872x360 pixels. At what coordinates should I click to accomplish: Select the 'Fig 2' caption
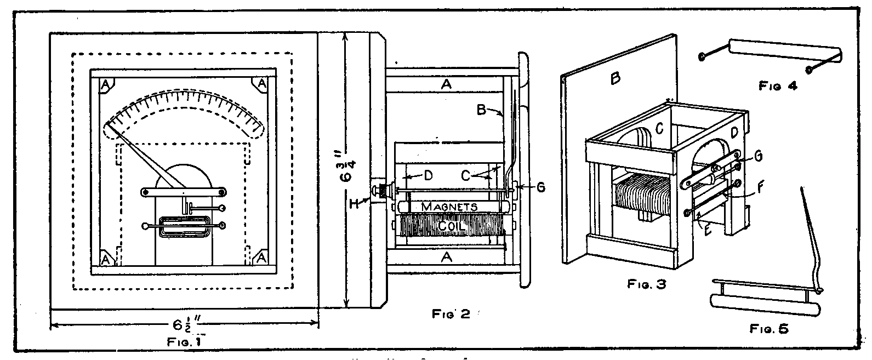point(452,314)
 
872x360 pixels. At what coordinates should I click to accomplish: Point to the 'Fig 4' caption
point(777,85)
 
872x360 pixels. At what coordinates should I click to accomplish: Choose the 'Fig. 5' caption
point(768,328)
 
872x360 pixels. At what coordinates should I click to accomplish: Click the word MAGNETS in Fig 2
point(443,207)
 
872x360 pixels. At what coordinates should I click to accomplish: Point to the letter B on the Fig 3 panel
point(615,79)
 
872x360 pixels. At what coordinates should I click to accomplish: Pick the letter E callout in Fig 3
point(707,230)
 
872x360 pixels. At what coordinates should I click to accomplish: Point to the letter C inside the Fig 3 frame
point(660,129)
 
